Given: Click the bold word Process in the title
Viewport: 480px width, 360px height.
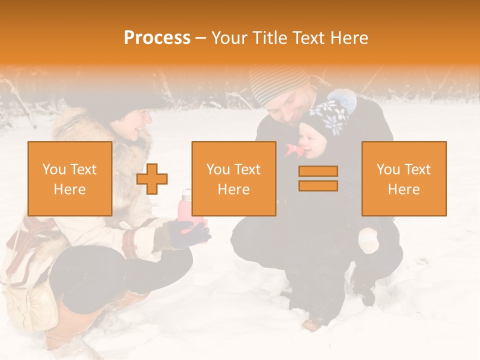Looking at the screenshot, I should point(157,37).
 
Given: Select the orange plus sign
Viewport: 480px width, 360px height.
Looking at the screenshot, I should point(152,178).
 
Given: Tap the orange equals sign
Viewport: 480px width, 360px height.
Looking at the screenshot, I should point(318,178).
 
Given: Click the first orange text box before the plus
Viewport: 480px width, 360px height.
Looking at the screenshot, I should point(70,178).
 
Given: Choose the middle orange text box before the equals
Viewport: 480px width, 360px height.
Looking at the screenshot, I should point(233,178).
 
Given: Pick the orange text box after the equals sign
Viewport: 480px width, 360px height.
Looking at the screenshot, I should point(404,178).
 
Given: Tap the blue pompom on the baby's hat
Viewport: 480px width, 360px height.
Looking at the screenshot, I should point(342,100).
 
